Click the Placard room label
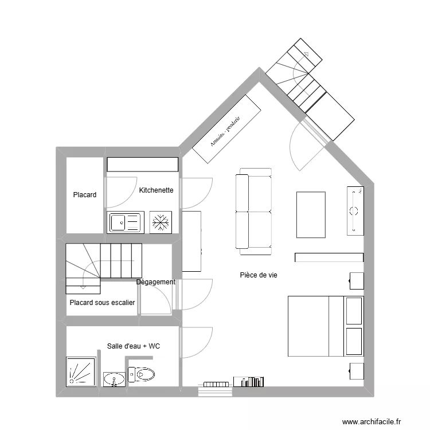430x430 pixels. pos(84,195)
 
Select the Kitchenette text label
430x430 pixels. pos(156,190)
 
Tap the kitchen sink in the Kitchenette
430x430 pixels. pos(125,222)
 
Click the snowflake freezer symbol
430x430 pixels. pos(161,222)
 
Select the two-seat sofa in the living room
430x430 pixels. pos(253,212)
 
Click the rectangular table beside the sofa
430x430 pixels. pos(311,214)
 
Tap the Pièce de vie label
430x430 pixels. pos(259,275)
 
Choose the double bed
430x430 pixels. pos(325,326)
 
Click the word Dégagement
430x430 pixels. pos(156,282)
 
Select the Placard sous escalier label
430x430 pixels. pos(102,303)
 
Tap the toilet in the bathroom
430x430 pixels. pos(141,375)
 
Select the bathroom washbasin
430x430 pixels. pos(114,379)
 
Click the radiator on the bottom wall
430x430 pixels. pos(216,384)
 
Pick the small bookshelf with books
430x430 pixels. pos(249,381)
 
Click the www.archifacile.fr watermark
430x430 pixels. pos(373,421)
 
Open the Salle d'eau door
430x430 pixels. pos(197,342)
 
